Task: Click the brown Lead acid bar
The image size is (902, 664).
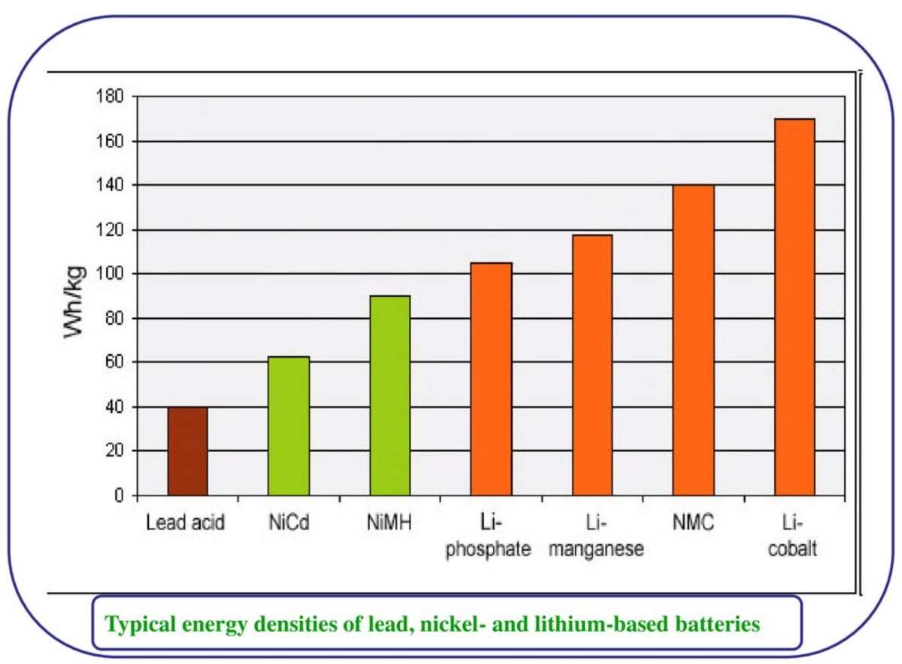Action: point(187,451)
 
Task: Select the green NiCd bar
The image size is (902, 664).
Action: point(289,426)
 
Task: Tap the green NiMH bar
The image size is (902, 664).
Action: point(389,396)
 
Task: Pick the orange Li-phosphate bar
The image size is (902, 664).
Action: point(491,379)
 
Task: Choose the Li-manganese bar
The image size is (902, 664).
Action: point(592,365)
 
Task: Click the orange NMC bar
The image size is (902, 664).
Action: point(693,340)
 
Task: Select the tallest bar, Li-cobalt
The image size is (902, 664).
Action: point(794,307)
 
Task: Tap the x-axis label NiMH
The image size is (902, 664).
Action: point(389,523)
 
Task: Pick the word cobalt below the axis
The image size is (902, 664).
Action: point(795,549)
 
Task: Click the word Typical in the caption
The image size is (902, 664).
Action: point(137,624)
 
